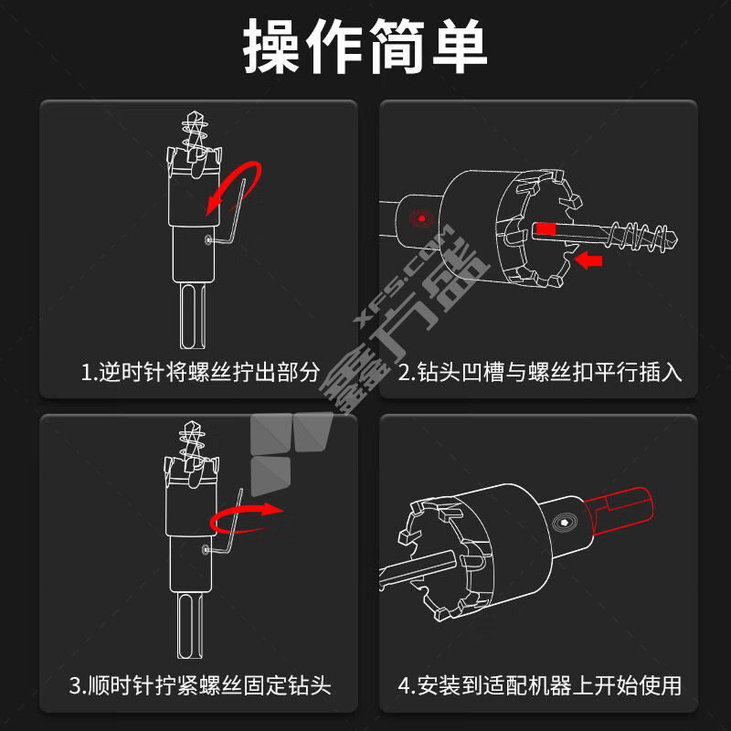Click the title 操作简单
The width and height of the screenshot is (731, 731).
tap(365, 46)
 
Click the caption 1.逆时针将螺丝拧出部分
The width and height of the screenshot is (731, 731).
tap(200, 373)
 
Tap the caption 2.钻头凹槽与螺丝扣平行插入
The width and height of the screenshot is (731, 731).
tap(540, 373)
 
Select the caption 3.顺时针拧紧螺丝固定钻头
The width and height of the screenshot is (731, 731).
tap(200, 686)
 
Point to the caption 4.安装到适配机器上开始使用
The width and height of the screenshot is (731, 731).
tap(540, 686)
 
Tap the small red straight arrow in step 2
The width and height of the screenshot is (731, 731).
tap(588, 260)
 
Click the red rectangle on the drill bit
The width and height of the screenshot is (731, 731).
tap(546, 228)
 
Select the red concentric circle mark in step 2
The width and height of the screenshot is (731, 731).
tap(421, 218)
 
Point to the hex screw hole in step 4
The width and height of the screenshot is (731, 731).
tap(565, 523)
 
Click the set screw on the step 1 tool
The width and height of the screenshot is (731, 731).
tap(208, 239)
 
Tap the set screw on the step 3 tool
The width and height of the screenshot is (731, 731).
tap(207, 550)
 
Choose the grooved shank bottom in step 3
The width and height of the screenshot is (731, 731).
tap(191, 626)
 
